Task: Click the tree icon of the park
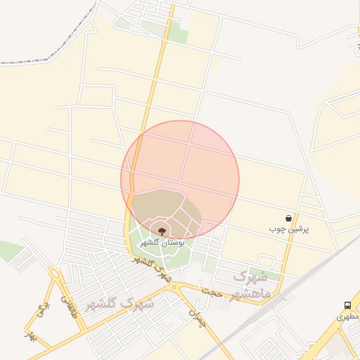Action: click(162, 231)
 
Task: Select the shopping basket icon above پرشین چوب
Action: click(289, 218)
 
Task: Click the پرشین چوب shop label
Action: click(289, 229)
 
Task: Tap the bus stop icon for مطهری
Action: click(347, 305)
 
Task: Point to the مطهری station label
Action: click(347, 316)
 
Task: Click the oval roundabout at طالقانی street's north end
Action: click(55, 274)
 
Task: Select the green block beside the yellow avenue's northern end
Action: click(177, 32)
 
